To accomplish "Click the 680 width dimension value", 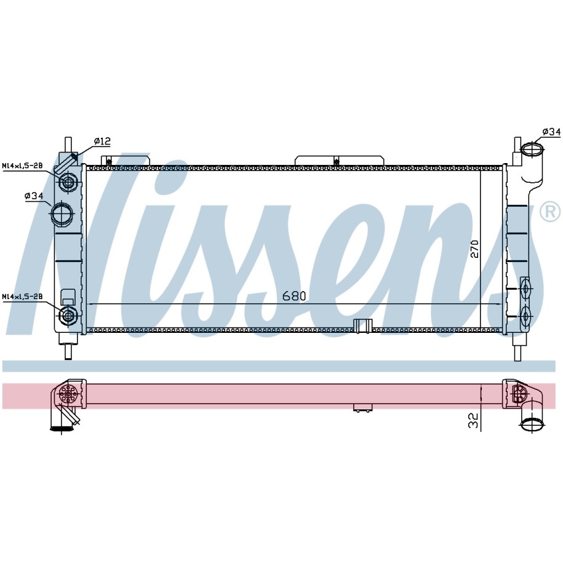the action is click(294, 296).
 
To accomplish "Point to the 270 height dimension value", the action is click(474, 248).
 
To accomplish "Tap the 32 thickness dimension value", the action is click(474, 420).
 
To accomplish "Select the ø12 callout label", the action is click(102, 141).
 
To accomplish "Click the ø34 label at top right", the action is click(551, 132).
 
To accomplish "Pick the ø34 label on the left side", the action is click(34, 196).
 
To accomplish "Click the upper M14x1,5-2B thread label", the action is click(22, 166).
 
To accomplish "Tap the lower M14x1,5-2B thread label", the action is click(22, 297).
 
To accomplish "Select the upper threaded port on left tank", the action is click(68, 182).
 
